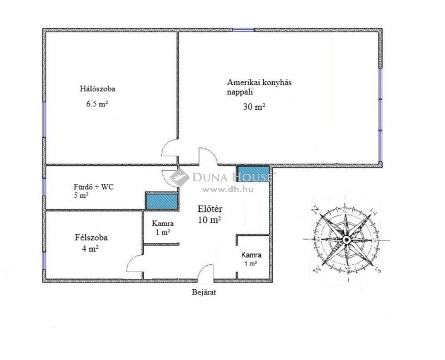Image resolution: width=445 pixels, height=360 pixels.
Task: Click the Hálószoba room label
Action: point(97,89)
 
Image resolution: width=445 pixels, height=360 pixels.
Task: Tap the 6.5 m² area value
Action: point(97,104)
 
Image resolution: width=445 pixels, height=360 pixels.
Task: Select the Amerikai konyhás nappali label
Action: point(259,87)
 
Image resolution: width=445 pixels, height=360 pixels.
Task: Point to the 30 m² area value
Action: point(254,107)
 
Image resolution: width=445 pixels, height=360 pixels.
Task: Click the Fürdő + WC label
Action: point(94,187)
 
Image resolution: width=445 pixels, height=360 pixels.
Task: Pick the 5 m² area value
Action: point(81,195)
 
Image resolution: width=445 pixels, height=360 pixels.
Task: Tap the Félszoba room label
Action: point(91,237)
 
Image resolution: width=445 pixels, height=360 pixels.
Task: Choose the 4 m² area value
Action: point(90,249)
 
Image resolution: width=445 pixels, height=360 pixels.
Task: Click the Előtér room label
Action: point(210,209)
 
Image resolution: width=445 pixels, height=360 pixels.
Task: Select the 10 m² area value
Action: point(209,220)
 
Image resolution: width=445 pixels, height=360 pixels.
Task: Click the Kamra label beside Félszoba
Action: point(163,224)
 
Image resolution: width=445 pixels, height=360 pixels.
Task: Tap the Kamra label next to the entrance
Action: point(251,255)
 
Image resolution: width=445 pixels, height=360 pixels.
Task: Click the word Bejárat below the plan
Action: point(204,292)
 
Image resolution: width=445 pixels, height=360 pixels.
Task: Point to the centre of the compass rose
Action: point(346,240)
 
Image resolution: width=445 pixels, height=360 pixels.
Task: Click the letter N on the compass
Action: point(315,210)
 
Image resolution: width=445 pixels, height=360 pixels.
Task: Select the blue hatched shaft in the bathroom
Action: point(162,201)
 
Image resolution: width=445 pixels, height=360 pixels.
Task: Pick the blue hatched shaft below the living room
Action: point(253,173)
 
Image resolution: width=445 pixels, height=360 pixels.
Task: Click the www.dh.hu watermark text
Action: point(228,189)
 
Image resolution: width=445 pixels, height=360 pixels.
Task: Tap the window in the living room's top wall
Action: point(243,30)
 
